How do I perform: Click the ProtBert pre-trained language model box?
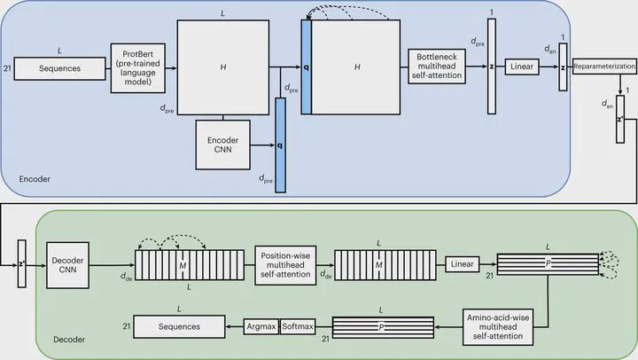(x=138, y=67)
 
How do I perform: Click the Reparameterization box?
(x=604, y=67)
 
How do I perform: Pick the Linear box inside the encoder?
(x=521, y=67)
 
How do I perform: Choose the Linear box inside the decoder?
(x=462, y=264)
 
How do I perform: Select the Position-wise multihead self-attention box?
(x=285, y=264)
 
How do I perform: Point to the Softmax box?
(x=298, y=327)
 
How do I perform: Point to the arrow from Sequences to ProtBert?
(x=103, y=67)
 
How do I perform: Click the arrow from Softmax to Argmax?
(x=278, y=327)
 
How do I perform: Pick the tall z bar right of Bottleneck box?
(x=491, y=67)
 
